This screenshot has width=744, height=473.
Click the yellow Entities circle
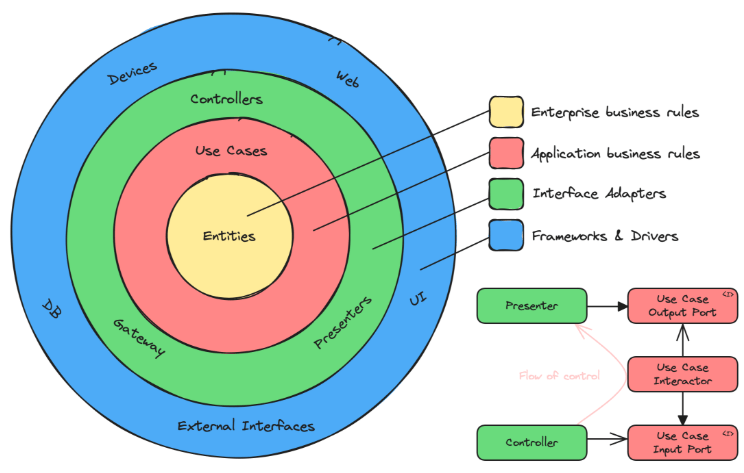click(x=229, y=236)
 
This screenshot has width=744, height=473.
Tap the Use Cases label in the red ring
click(x=231, y=150)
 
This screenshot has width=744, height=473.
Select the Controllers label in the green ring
click(x=226, y=100)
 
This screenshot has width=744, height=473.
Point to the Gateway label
click(x=139, y=337)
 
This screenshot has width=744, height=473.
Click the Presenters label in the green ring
click(x=343, y=323)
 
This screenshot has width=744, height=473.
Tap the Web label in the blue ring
click(x=347, y=77)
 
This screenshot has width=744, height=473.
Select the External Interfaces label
click(x=246, y=426)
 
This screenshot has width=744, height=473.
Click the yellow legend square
click(x=505, y=112)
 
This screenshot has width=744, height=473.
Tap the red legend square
click(x=505, y=153)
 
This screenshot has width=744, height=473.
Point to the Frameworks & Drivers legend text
click(x=605, y=236)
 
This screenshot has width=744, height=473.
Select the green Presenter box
click(x=531, y=305)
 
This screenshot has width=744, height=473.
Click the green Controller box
click(x=531, y=441)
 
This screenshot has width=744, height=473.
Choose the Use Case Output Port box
click(x=683, y=305)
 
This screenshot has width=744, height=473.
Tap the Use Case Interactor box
click(x=683, y=373)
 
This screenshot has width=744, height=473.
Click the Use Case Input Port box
click(x=683, y=441)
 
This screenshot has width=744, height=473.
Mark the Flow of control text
click(x=559, y=376)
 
